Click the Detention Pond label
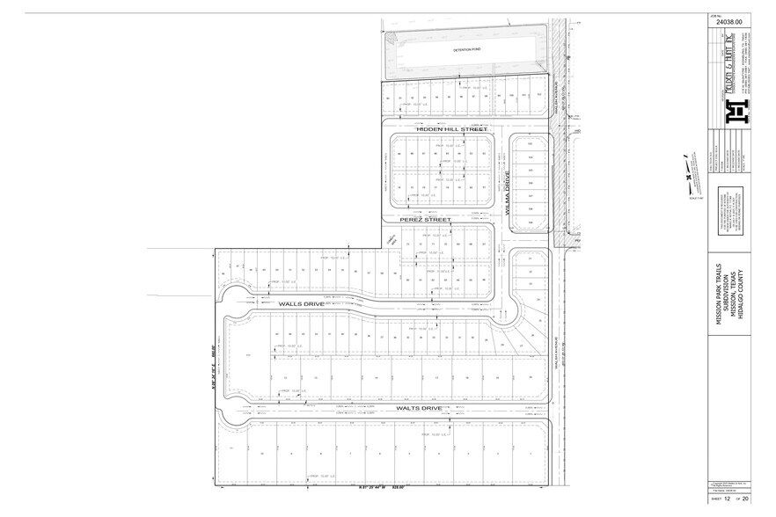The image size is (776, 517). [463, 52]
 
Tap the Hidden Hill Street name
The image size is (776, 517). [438, 128]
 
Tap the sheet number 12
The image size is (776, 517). [727, 498]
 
